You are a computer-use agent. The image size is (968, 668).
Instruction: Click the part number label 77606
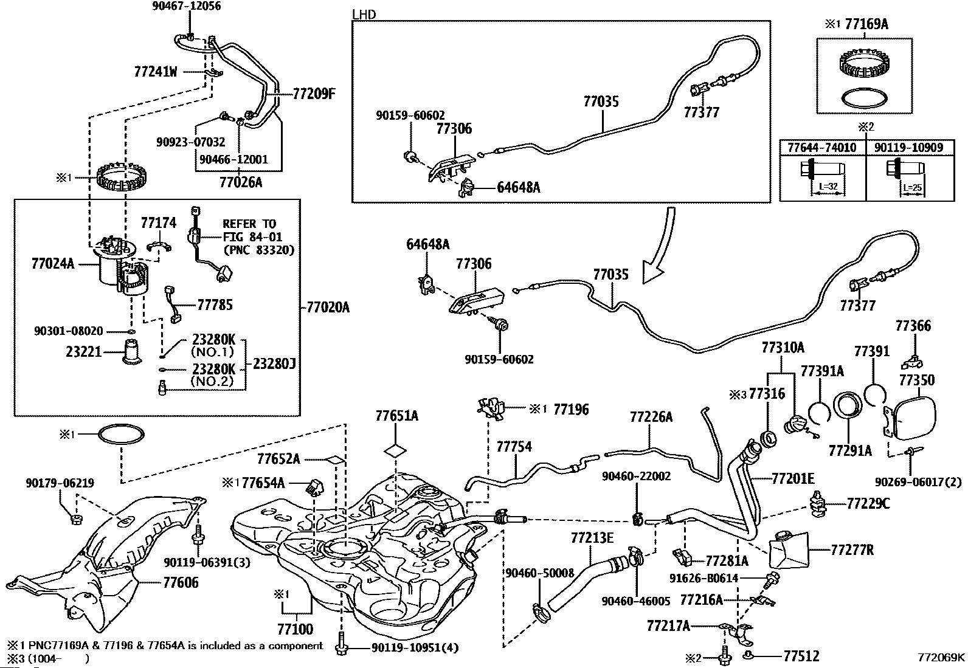coord(181,583)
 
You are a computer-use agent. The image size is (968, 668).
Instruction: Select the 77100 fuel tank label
coord(296,628)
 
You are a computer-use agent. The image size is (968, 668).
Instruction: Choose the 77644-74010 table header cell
coord(821,148)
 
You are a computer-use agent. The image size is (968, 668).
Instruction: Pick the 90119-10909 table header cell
coord(908,148)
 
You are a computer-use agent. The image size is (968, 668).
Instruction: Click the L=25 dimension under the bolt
coord(912,188)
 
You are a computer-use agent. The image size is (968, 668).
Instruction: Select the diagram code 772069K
coord(941,657)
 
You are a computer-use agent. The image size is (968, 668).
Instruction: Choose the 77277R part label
coord(852,550)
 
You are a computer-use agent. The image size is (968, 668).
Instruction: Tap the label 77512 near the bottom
coord(801,656)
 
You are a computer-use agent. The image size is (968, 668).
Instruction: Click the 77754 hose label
coord(514,447)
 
